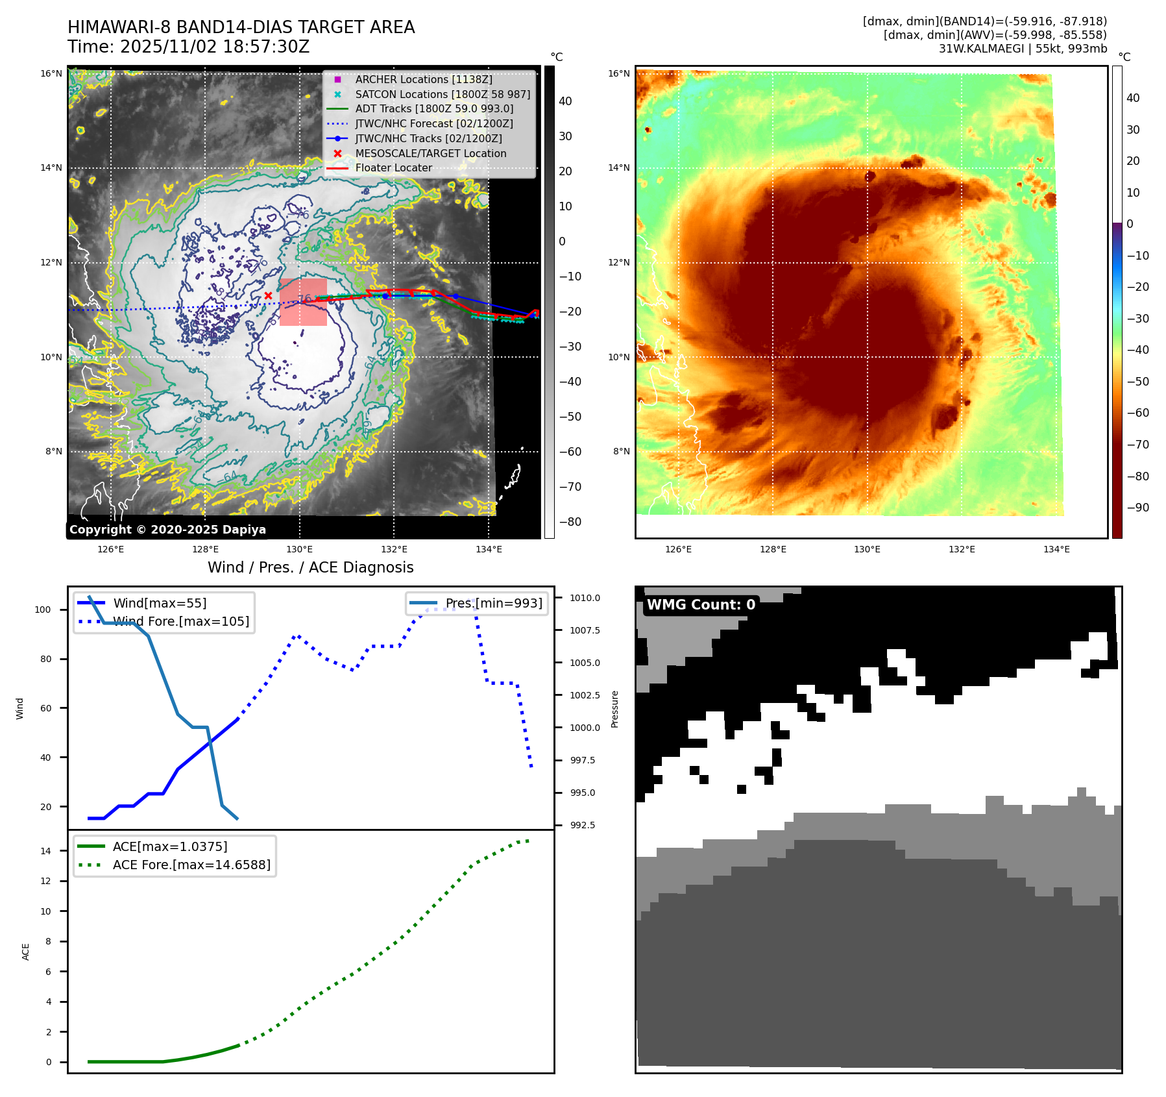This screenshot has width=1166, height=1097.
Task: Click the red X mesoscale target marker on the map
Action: (x=268, y=296)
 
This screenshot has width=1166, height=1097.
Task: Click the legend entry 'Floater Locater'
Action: (x=393, y=168)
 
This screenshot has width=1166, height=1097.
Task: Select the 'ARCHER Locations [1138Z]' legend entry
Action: (x=423, y=79)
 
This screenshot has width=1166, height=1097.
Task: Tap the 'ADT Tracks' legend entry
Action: (x=433, y=109)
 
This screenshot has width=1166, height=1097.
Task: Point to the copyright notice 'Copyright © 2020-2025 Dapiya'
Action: (x=167, y=530)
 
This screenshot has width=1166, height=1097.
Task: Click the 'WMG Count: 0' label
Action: (x=701, y=605)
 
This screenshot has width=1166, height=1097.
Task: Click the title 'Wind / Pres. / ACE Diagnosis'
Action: (x=310, y=567)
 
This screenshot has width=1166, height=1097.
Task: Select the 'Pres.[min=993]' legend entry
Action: (x=493, y=603)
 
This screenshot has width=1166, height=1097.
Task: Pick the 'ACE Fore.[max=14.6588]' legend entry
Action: (x=191, y=865)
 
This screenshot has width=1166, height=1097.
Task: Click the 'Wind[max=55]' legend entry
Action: (x=160, y=603)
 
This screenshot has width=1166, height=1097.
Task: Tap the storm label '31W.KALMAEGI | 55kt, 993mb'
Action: (x=1023, y=49)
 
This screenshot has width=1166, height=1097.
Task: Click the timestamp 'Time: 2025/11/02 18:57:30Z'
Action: (x=189, y=47)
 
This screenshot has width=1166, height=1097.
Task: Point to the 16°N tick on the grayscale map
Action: (x=51, y=74)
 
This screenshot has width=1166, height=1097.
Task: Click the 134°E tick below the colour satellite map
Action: (x=1056, y=550)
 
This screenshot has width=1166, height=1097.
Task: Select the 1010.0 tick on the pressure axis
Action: (x=585, y=598)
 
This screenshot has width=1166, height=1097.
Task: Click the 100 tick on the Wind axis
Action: (x=43, y=610)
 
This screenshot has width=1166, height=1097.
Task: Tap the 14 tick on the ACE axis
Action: (x=45, y=851)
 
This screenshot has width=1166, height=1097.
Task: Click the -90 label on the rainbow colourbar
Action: (x=1137, y=508)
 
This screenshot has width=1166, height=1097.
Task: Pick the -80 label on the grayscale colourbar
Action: (x=570, y=522)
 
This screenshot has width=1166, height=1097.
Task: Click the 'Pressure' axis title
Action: (x=614, y=709)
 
